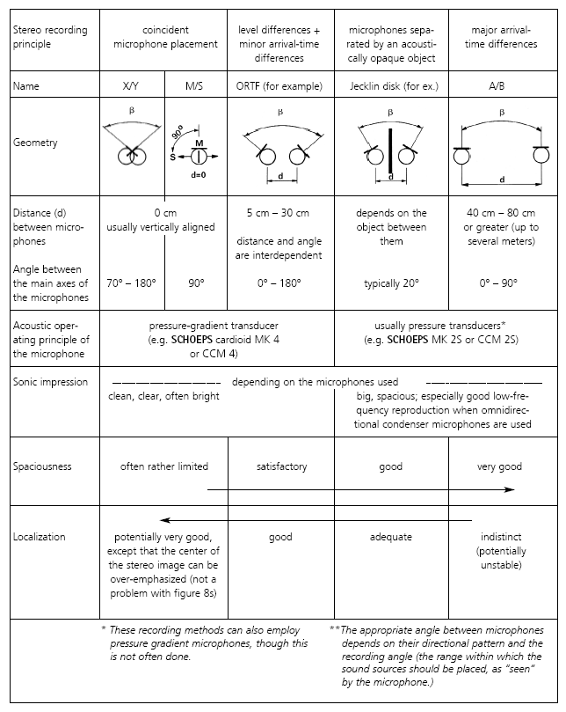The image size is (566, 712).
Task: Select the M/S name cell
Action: click(196, 85)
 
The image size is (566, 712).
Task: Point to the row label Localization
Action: click(40, 536)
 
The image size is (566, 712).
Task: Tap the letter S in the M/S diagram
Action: click(174, 156)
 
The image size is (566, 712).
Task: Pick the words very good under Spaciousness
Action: click(499, 466)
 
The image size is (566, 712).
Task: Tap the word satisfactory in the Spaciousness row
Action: click(281, 466)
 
